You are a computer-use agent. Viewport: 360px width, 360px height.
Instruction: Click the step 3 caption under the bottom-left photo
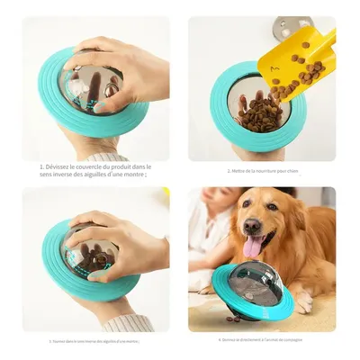94,341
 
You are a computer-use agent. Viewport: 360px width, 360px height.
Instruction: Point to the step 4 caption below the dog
261,340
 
